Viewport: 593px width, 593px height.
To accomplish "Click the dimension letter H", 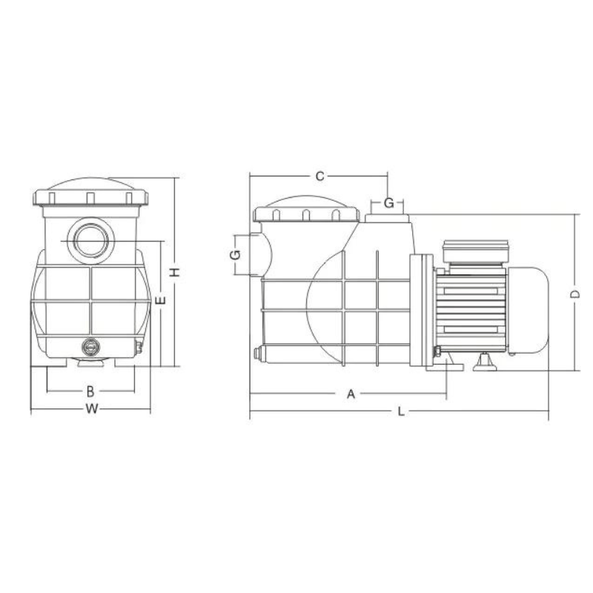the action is point(175,272).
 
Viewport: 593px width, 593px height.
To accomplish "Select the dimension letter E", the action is point(161,301).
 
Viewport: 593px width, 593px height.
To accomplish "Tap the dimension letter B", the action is point(90,391).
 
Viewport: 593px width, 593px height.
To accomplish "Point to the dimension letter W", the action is point(91,409).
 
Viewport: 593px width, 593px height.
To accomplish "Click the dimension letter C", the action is point(320,176).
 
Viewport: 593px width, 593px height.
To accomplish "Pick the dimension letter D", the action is point(575,294).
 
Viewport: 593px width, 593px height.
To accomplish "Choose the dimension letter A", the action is point(351,394).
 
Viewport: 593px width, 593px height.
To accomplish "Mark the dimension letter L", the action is point(401,411).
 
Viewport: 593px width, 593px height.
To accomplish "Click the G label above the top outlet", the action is point(388,203).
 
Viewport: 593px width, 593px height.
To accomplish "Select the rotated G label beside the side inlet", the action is point(235,255).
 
